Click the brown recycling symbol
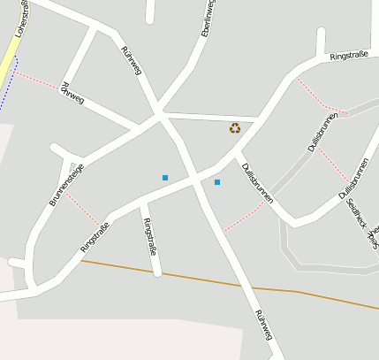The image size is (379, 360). click(235, 127)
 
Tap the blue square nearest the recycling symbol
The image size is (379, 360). click(217, 182)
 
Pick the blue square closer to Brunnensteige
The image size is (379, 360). click(164, 178)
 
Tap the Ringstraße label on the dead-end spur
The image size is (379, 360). click(150, 236)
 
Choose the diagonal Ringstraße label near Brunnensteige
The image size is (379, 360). click(95, 237)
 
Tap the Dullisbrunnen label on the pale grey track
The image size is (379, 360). click(324, 133)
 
